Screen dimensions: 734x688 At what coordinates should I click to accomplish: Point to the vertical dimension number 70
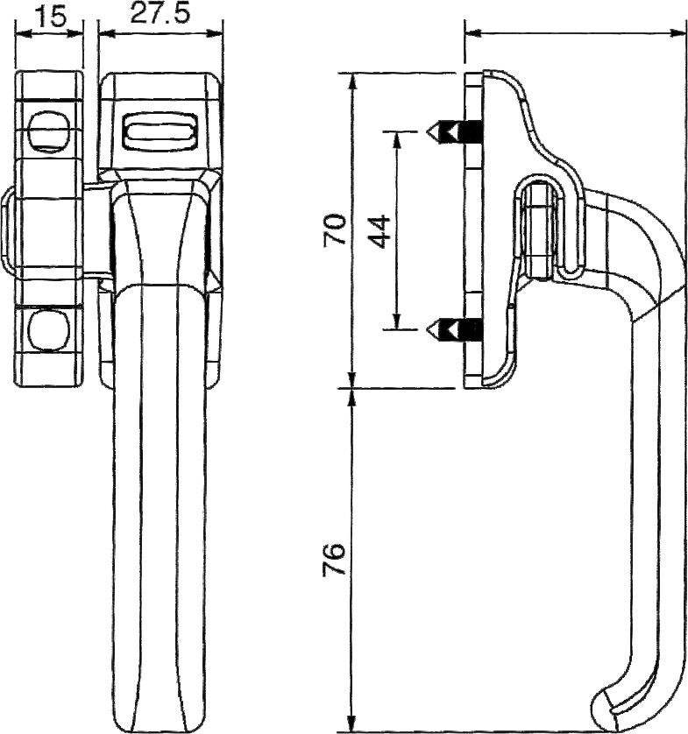point(337,229)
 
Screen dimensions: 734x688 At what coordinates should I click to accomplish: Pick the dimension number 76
point(337,559)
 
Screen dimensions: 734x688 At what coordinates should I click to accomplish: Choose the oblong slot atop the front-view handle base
point(160,133)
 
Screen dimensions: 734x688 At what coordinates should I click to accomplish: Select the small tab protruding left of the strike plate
point(7,231)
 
